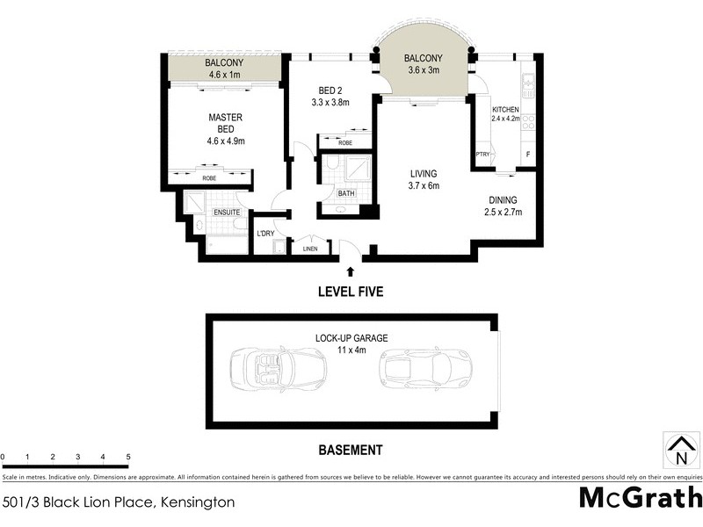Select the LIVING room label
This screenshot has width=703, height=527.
click(x=423, y=174)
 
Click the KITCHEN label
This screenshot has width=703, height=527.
click(x=506, y=108)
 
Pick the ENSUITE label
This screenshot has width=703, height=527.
click(x=227, y=213)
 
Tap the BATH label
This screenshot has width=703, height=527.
click(x=346, y=193)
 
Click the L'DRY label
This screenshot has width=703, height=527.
click(x=265, y=234)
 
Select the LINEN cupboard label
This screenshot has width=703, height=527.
click(x=310, y=249)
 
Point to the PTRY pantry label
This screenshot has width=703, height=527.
click(x=482, y=155)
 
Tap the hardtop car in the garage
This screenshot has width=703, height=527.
click(x=424, y=368)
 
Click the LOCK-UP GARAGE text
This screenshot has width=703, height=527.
click(x=351, y=338)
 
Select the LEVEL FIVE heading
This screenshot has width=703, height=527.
click(x=351, y=292)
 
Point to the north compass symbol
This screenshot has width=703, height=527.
click(x=679, y=449)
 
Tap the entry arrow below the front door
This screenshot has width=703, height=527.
click(x=351, y=271)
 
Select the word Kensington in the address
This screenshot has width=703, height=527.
click(x=196, y=503)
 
